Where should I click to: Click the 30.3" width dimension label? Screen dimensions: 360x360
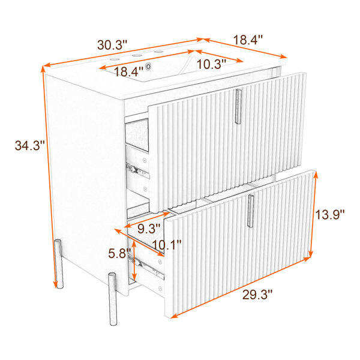pos(112,45)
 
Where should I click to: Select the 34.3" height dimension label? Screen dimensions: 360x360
pos(29,146)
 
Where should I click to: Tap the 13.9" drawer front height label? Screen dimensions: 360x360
pos(329,215)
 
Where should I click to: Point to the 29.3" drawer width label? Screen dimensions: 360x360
pos(257,295)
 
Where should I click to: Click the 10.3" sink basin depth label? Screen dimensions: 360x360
pos(211,64)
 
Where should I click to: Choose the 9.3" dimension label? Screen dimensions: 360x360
pos(149,228)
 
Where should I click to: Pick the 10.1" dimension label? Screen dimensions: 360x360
pos(167,245)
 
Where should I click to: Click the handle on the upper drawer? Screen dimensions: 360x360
pos(238,107)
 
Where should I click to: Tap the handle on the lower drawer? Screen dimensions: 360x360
pos(250,211)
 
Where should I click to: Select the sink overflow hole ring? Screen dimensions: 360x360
pos(149,67)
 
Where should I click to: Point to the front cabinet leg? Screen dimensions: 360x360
pos(113,299)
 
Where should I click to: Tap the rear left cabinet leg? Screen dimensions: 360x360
pos(58,263)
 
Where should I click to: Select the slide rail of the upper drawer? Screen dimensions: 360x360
pos(138,170)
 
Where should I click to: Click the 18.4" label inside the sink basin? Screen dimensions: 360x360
pos(128,71)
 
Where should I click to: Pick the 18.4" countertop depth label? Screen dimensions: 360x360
pos(248,40)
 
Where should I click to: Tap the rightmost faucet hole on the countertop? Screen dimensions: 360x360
pos(158,52)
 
